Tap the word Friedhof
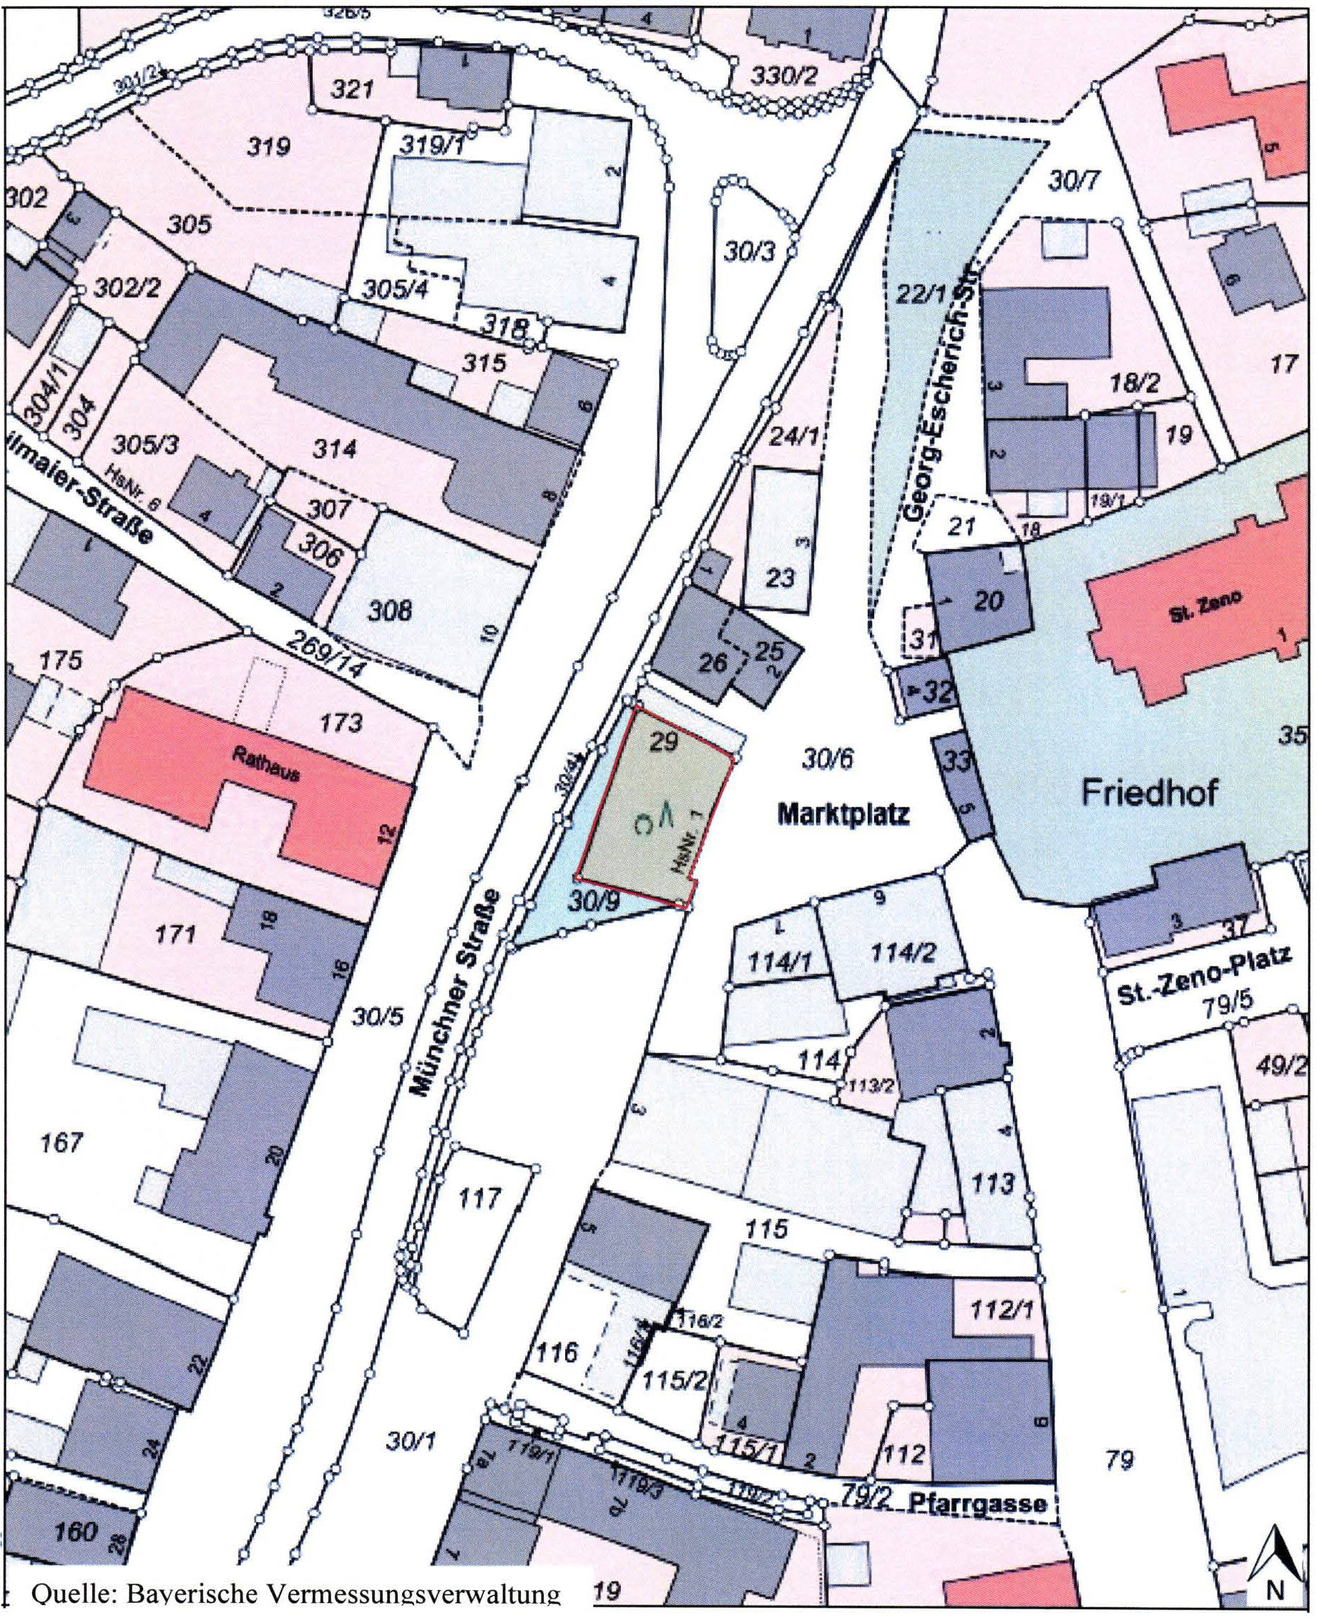click(x=1150, y=793)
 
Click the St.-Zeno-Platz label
click(x=1205, y=977)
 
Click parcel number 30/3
click(x=748, y=252)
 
